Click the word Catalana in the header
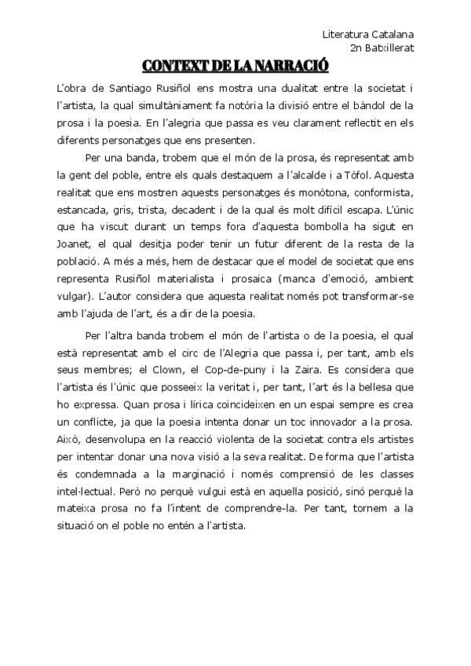click(393, 35)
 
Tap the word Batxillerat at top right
click(387, 48)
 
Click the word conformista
click(382, 193)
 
